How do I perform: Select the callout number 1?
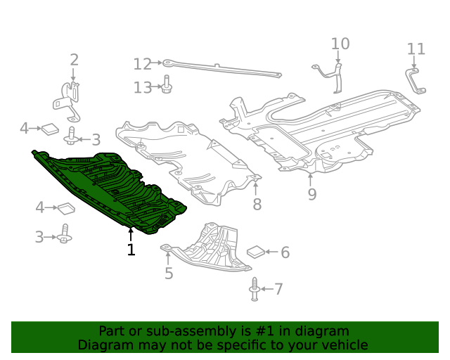pos(131,250)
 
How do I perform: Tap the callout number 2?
pos(74,60)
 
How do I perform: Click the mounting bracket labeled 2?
pos(69,98)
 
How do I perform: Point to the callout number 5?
pos(169,274)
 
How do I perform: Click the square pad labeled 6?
pos(256,252)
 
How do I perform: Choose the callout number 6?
pos(285,252)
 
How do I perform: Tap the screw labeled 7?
pos(255,289)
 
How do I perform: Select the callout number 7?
pos(278,288)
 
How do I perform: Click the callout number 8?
pos(257,205)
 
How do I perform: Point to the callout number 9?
pos(311,193)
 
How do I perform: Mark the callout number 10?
pos(340,44)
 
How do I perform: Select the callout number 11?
pos(416,49)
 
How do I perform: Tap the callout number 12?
pos(142,65)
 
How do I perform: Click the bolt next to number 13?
pos(167,85)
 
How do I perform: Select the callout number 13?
pos(142,87)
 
